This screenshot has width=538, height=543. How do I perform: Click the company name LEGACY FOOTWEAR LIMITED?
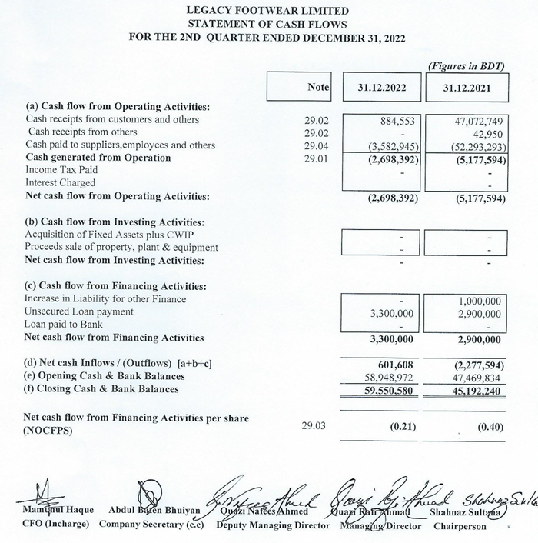[x=267, y=11]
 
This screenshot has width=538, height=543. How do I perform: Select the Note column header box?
[x=300, y=88]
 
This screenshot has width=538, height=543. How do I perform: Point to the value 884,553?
[x=398, y=120]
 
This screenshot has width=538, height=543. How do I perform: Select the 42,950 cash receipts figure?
[x=485, y=132]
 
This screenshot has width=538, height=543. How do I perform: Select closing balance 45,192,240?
[x=473, y=389]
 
